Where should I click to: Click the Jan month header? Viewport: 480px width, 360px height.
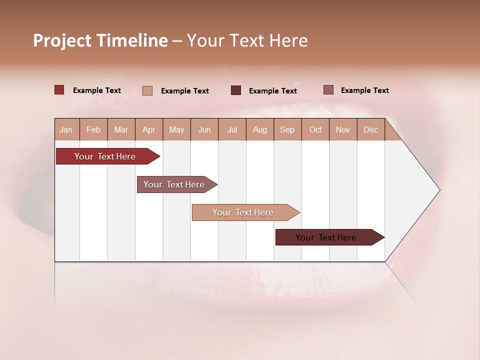[x=66, y=129]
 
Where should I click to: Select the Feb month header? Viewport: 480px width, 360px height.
[x=93, y=129]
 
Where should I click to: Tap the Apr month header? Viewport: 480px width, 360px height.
[x=148, y=129]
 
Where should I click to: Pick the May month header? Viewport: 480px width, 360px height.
[x=176, y=129]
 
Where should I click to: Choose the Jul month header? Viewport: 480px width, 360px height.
[x=232, y=129]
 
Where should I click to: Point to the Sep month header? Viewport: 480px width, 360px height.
[x=287, y=129]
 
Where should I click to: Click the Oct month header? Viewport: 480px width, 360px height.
[x=315, y=129]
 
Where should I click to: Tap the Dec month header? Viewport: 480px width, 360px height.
[x=370, y=129]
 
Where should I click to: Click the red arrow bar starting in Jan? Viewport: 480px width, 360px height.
[x=105, y=156]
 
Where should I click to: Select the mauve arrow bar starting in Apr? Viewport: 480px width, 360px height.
[x=174, y=184]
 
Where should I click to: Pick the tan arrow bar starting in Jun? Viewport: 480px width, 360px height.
[x=243, y=212]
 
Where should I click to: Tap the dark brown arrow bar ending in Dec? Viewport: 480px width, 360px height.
[x=326, y=237]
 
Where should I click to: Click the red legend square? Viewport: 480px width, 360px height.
[x=59, y=90]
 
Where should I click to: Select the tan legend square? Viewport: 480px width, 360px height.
[x=147, y=90]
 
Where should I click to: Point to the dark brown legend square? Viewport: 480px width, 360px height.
[x=236, y=90]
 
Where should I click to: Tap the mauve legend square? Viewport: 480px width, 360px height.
[x=328, y=90]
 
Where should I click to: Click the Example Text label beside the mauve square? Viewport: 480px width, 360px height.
[x=364, y=90]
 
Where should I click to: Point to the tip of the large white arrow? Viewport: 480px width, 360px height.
[x=438, y=190]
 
